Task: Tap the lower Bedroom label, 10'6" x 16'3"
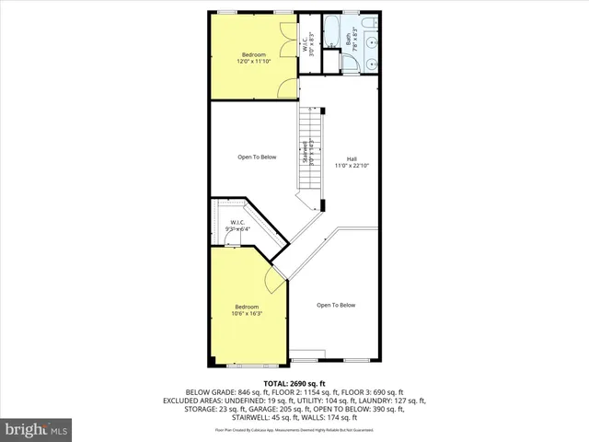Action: pyautogui.click(x=247, y=310)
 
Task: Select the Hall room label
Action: pyautogui.click(x=352, y=161)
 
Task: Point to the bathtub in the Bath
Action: pyautogui.click(x=332, y=31)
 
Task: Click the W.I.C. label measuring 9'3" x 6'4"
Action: pyautogui.click(x=237, y=226)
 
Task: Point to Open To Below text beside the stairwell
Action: pyautogui.click(x=257, y=157)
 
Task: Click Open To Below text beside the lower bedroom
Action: pyautogui.click(x=336, y=305)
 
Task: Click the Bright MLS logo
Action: pyautogui.click(x=37, y=429)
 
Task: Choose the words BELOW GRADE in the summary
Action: pyautogui.click(x=207, y=392)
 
